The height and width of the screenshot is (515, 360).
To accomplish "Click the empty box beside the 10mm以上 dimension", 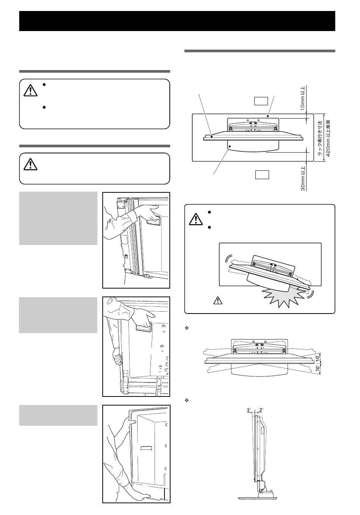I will coord(261,101).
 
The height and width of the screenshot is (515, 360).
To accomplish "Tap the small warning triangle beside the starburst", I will coord(218,301).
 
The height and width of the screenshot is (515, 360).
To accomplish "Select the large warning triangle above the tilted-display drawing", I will coord(196,220).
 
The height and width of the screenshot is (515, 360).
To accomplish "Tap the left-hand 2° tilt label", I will coord(249,410).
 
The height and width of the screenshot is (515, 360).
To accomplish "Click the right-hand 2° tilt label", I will coord(261,410).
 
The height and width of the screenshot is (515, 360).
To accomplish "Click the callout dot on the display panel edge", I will coord(211,136).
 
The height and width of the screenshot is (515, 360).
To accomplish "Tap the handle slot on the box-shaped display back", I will coord(146,448).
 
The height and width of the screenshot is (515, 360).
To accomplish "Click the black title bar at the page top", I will coord(177,21).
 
